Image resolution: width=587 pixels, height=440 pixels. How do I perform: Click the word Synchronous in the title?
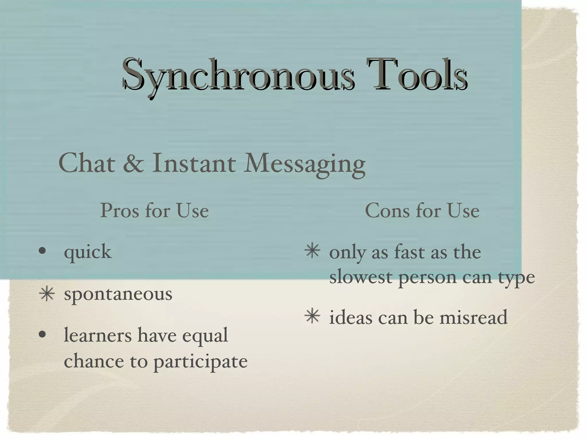click(238, 75)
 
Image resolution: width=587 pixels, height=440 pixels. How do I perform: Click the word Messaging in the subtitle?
click(304, 164)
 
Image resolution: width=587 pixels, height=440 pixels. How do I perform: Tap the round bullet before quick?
click(42, 251)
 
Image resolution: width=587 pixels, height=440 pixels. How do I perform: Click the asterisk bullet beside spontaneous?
click(47, 294)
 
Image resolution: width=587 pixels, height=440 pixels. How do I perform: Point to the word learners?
click(98, 335)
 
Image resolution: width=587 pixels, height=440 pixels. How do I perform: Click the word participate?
click(200, 362)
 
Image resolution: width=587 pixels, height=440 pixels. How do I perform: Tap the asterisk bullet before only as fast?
click(312, 251)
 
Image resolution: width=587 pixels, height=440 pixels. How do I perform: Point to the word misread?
click(473, 317)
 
